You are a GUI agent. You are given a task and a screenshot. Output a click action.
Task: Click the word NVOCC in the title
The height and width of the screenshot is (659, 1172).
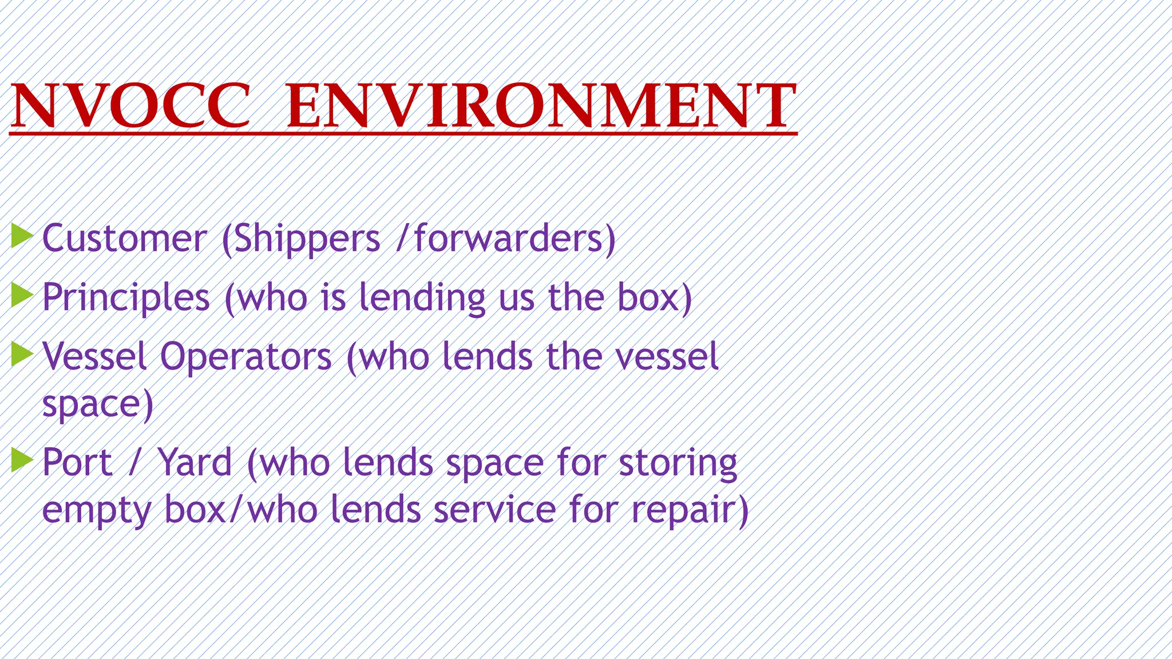click(130, 106)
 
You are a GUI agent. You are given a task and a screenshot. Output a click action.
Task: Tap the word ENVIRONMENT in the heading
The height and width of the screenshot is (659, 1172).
click(541, 106)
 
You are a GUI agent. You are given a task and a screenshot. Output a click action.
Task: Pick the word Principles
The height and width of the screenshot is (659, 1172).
click(126, 298)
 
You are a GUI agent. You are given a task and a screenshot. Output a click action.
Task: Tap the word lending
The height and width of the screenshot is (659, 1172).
click(422, 298)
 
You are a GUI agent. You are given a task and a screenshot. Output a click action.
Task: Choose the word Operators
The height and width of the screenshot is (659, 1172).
click(246, 356)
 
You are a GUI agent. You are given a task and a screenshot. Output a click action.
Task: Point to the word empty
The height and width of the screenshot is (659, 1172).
click(97, 510)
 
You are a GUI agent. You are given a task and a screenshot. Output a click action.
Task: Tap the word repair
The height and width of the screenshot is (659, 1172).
click(683, 510)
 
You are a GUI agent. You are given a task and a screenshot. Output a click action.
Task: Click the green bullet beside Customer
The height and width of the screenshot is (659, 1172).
click(22, 236)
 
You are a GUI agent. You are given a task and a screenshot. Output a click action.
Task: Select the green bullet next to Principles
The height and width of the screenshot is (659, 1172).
click(22, 295)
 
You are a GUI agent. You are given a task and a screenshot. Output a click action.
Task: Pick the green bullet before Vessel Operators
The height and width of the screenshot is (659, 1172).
click(22, 354)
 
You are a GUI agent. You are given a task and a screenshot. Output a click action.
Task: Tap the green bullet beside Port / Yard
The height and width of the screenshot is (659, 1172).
click(22, 460)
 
